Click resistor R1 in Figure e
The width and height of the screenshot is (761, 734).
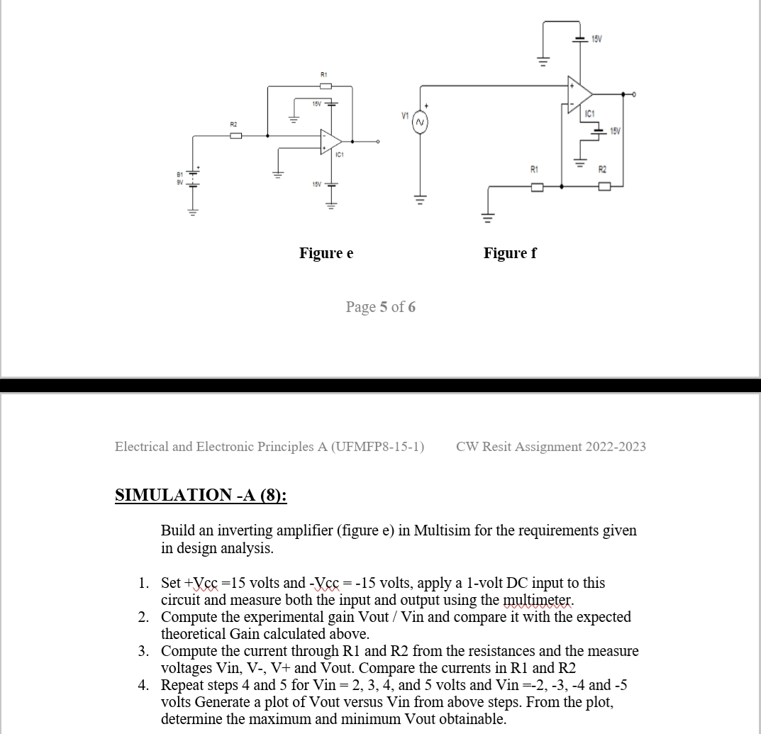tap(326, 86)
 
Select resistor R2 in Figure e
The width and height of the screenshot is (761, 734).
tap(234, 135)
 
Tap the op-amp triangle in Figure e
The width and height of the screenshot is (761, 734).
tap(330, 140)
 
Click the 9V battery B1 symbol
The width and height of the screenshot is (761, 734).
tap(191, 175)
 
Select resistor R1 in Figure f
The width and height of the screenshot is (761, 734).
tap(537, 187)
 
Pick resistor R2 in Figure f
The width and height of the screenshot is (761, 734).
tap(604, 187)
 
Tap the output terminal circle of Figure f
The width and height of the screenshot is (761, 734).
tap(633, 93)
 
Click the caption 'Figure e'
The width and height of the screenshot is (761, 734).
tap(326, 253)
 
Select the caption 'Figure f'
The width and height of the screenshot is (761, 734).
tap(510, 253)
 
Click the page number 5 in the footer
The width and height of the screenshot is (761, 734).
tap(384, 307)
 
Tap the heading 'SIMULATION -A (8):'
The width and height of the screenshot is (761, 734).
tap(201, 495)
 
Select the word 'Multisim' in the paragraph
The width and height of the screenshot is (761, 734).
tap(440, 530)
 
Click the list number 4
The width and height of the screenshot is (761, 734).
tap(143, 685)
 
